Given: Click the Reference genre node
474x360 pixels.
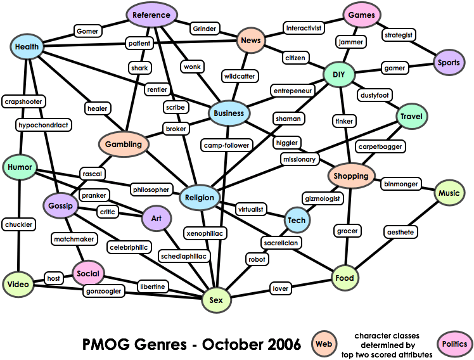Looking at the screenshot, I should [151, 15].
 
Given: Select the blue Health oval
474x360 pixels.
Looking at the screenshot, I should [27, 46].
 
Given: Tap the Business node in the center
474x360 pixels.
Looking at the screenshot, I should [229, 113].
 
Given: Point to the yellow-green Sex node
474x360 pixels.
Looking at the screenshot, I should [215, 300].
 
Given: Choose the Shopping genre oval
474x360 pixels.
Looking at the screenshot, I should [350, 176].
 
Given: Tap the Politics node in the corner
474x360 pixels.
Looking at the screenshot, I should [454, 344].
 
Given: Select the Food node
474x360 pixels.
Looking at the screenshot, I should [345, 278].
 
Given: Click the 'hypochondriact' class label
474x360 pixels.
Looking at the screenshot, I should [44, 125].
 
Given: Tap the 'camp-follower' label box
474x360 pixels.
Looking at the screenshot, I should [227, 145].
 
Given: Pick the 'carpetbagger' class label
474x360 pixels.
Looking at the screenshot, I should [379, 146].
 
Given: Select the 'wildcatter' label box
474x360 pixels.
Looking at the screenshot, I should [239, 76].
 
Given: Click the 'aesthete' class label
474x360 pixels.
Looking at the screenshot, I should [400, 233].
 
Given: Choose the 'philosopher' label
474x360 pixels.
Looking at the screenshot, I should [151, 189].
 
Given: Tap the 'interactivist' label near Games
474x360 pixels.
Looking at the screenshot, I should [304, 28].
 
